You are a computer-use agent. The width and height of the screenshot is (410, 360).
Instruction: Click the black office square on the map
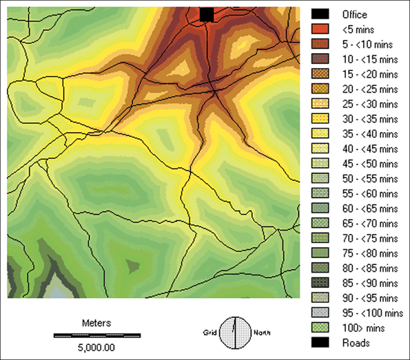click(207, 14)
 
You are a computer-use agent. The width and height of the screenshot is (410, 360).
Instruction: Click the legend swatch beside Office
click(319, 14)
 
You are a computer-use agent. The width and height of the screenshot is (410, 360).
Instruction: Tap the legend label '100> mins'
click(358, 327)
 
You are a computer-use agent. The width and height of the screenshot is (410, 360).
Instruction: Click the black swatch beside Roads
click(319, 342)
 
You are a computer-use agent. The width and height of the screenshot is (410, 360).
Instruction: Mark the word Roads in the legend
click(356, 342)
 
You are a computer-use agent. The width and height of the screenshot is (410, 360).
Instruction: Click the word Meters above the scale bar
click(96, 322)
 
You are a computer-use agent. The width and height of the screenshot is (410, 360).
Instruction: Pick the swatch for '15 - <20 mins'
click(319, 74)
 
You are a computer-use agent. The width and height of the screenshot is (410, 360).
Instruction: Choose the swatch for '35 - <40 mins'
click(319, 133)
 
